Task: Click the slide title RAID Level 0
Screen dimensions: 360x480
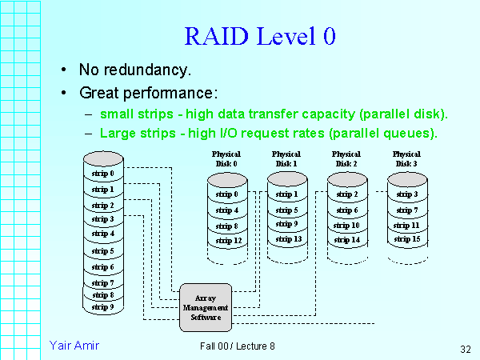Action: [259, 36]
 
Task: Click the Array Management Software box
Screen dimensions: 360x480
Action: [206, 307]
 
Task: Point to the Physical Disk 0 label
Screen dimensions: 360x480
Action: [225, 158]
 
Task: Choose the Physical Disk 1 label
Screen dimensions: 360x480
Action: [286, 158]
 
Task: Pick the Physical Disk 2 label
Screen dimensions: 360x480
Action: [346, 158]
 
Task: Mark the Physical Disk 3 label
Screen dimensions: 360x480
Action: [406, 158]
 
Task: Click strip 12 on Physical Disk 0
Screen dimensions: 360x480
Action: [228, 240]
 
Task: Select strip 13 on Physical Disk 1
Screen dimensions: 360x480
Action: [287, 239]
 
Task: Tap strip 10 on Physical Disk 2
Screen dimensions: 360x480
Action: [347, 225]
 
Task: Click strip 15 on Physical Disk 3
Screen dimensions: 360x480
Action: [407, 239]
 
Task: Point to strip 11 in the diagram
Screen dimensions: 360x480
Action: [407, 225]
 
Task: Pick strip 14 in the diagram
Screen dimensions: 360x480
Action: [347, 239]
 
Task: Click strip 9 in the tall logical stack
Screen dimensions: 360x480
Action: [102, 306]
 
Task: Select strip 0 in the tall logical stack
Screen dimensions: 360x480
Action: [102, 173]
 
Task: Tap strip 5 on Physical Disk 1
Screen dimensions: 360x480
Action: [287, 210]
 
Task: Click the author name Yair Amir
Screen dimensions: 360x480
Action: [74, 345]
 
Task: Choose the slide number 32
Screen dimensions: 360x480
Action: [466, 349]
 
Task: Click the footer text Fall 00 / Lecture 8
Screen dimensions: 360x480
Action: [238, 346]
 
